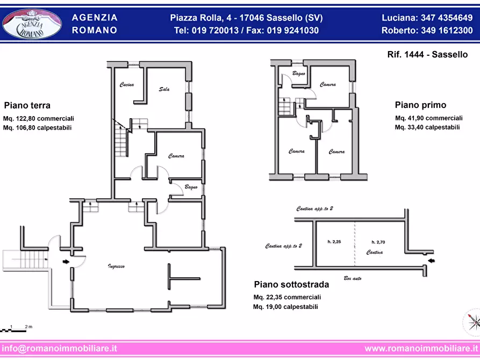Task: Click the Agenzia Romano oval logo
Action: click(32, 25)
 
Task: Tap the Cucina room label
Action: click(126, 84)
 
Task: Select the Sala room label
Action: click(164, 89)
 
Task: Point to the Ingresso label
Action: click(116, 267)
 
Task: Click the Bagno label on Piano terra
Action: click(191, 187)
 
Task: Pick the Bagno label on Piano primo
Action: click(299, 74)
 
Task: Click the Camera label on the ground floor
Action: click(176, 156)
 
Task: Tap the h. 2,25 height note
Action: click(334, 242)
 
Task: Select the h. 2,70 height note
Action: click(378, 242)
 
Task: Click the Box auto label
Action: click(353, 278)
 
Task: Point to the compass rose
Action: click(472, 322)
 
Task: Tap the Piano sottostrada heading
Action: click(291, 284)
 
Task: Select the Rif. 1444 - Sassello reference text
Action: click(427, 54)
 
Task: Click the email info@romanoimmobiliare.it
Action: click(59, 348)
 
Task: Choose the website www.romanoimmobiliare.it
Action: click(421, 348)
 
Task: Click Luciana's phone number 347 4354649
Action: click(447, 18)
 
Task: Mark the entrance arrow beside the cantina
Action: click(431, 261)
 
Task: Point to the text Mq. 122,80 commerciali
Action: click(39, 118)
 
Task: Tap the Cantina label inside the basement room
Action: click(375, 252)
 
